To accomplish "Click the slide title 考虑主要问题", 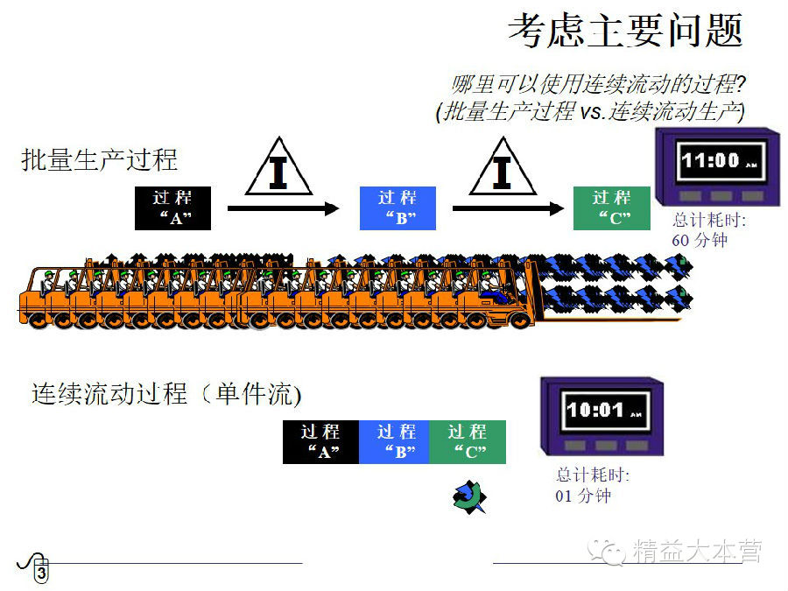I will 625,32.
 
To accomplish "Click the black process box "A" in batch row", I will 172,208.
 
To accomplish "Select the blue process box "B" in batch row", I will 398,208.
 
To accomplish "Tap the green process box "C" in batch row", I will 611,208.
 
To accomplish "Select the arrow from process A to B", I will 283,208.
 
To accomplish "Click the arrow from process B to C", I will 508,208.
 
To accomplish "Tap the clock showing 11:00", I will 715,166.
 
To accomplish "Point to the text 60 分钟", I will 700,239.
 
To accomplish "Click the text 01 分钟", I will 583,496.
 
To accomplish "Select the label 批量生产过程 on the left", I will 100,159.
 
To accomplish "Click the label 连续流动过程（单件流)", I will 167,394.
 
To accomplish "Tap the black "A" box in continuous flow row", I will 320,442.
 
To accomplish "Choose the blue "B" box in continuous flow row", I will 395,442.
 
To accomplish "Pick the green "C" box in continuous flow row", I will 468,442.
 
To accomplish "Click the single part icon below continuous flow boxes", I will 469,496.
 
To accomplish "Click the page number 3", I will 41,573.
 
